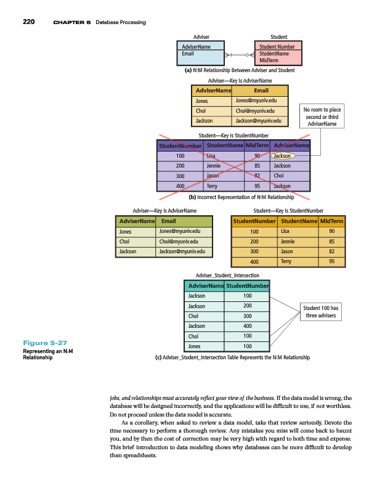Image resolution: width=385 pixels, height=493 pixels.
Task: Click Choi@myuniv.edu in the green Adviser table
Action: pos(177,242)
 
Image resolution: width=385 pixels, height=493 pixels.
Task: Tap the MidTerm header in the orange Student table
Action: pos(331,221)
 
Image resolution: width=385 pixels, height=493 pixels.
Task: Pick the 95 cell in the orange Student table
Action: pos(331,261)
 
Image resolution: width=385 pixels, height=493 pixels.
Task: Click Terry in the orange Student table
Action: pos(286,261)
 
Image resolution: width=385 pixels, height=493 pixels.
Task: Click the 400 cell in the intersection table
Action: pos(247,326)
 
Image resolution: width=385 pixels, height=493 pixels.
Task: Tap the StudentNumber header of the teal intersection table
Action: pos(247,286)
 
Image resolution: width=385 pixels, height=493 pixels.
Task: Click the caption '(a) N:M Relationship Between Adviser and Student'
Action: pos(240,70)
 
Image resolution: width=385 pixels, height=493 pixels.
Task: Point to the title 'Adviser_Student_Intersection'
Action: pos(227,274)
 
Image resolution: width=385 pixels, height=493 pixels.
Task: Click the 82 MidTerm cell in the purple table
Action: pos(257,176)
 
